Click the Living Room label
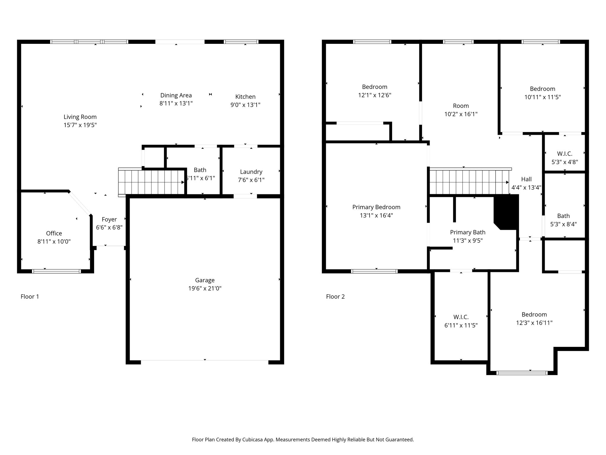[x=80, y=117]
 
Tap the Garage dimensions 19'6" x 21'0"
[x=205, y=289]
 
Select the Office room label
[x=54, y=233]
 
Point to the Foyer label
[x=109, y=220]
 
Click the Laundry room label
[x=251, y=172]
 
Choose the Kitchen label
[x=245, y=97]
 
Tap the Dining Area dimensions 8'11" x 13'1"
[x=176, y=103]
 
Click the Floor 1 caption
[x=30, y=297]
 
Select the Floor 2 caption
[x=335, y=297]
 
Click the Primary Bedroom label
[x=376, y=207]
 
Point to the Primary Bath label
[x=468, y=233]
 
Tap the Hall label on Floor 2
[x=526, y=179]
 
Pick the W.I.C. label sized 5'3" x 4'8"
[x=565, y=154]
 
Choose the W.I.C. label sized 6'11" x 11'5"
[x=461, y=317]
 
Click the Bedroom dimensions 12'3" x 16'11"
[x=534, y=323]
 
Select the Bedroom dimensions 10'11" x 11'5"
[x=542, y=97]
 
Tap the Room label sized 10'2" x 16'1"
[x=461, y=106]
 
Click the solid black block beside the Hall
[x=507, y=212]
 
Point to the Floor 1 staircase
[x=151, y=181]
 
